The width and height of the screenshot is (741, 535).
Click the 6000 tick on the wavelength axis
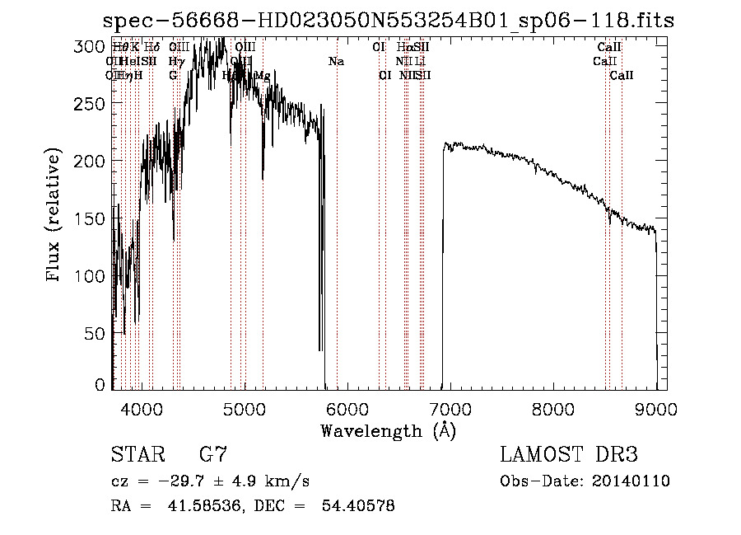pos(347,408)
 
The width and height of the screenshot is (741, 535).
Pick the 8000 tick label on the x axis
pos(553,408)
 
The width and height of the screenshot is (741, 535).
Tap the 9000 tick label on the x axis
pos(656,408)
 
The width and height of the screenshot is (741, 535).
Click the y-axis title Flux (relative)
pos(55,217)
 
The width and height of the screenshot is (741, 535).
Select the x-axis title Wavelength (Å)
pos(388,430)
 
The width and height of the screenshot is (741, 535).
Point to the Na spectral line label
pos(336,62)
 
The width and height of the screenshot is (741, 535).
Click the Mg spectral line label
pos(262,76)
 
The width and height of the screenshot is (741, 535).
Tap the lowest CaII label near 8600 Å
pos(622,76)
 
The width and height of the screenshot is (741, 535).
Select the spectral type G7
pos(213,455)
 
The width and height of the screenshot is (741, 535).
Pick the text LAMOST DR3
pos(568,455)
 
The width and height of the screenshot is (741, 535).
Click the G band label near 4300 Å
pos(174,76)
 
